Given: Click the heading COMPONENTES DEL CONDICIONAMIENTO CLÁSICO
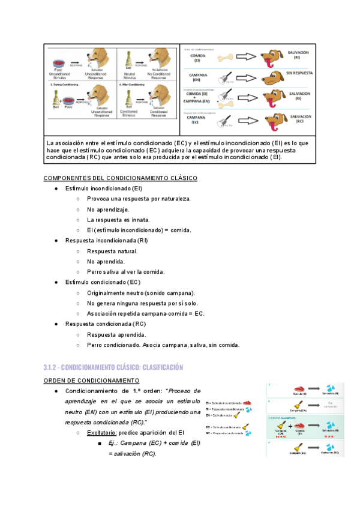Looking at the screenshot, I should click(x=121, y=178).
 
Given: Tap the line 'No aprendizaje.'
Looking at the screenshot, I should click(x=108, y=209).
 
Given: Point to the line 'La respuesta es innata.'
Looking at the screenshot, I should click(x=118, y=220).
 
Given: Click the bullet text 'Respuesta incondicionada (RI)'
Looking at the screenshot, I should click(x=106, y=241).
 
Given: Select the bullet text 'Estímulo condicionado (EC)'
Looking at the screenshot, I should click(x=103, y=282).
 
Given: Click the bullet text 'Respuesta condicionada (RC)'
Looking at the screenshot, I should click(x=106, y=324).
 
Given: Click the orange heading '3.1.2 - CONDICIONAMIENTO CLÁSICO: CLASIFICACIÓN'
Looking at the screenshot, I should click(x=113, y=367).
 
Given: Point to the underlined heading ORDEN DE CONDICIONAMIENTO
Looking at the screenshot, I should click(x=92, y=381).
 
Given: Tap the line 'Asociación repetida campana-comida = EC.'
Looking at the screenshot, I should click(x=146, y=313).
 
